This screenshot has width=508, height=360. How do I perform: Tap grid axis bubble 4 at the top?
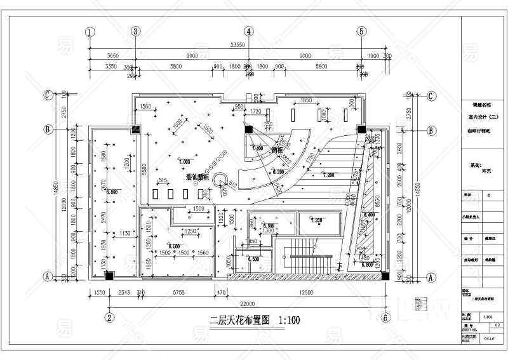[250, 31]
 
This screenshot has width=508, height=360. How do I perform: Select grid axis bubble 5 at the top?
[361, 31]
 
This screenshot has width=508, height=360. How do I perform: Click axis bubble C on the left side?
[48, 95]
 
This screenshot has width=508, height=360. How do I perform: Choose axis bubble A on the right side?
[431, 277]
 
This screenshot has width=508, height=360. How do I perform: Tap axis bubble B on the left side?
[48, 129]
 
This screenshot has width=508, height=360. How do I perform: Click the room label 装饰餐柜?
[199, 178]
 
